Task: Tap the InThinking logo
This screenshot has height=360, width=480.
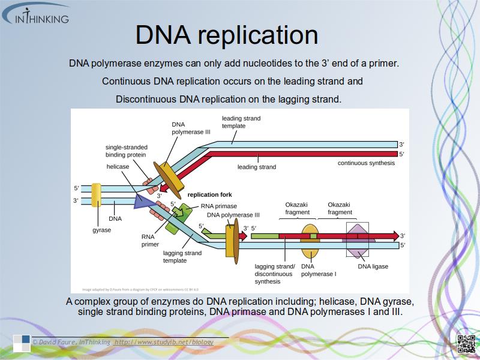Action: pyautogui.click(x=36, y=14)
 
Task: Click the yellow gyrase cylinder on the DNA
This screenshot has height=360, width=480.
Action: pyautogui.click(x=96, y=196)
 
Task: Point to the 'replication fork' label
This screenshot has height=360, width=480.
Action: pyautogui.click(x=209, y=194)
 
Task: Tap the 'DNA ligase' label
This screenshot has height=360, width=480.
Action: pyautogui.click(x=373, y=266)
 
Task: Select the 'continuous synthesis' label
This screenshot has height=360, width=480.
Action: pyautogui.click(x=366, y=163)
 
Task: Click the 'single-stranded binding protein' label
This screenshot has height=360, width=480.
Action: pyautogui.click(x=127, y=151)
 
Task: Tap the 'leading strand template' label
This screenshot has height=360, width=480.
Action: pyautogui.click(x=241, y=122)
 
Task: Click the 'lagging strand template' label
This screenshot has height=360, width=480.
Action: pyautogui.click(x=182, y=257)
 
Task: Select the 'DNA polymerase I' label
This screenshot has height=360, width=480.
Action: pyautogui.click(x=319, y=270)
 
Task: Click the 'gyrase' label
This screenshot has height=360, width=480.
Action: pyautogui.click(x=101, y=230)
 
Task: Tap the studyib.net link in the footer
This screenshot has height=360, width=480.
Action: pyautogui.click(x=164, y=341)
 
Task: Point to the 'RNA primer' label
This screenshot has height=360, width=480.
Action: pyautogui.click(x=151, y=241)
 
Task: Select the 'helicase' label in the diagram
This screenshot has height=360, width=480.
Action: pyautogui.click(x=118, y=166)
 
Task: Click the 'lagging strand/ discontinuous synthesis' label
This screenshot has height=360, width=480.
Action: pyautogui.click(x=274, y=274)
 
